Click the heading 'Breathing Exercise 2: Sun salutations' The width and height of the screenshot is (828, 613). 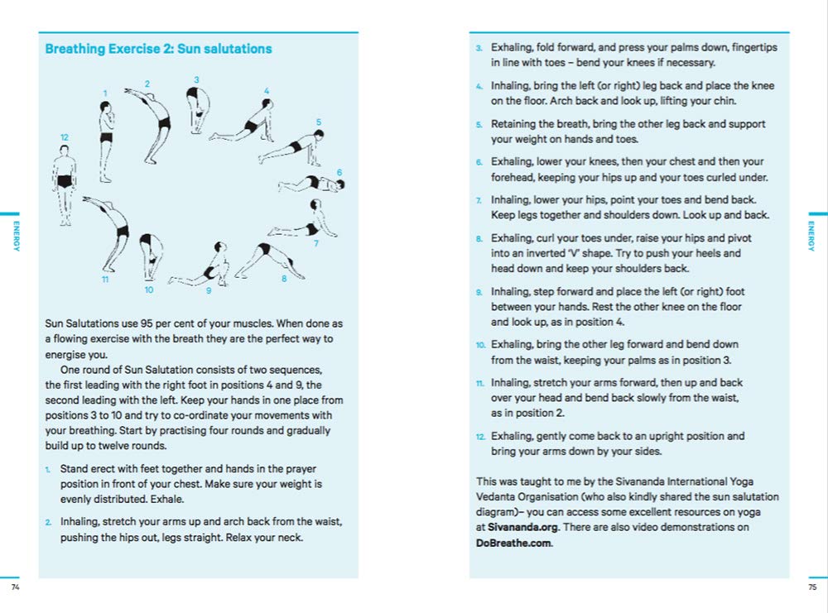(158, 50)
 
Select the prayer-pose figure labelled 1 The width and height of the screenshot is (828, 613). (105, 141)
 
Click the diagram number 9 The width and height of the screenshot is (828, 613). (209, 290)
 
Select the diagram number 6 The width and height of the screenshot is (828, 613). (339, 173)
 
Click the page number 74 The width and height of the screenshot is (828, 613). (15, 587)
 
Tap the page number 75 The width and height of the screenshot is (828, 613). (812, 587)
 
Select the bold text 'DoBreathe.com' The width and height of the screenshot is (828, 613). (513, 543)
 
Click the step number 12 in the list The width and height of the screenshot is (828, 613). (480, 437)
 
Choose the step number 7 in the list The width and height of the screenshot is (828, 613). (479, 201)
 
